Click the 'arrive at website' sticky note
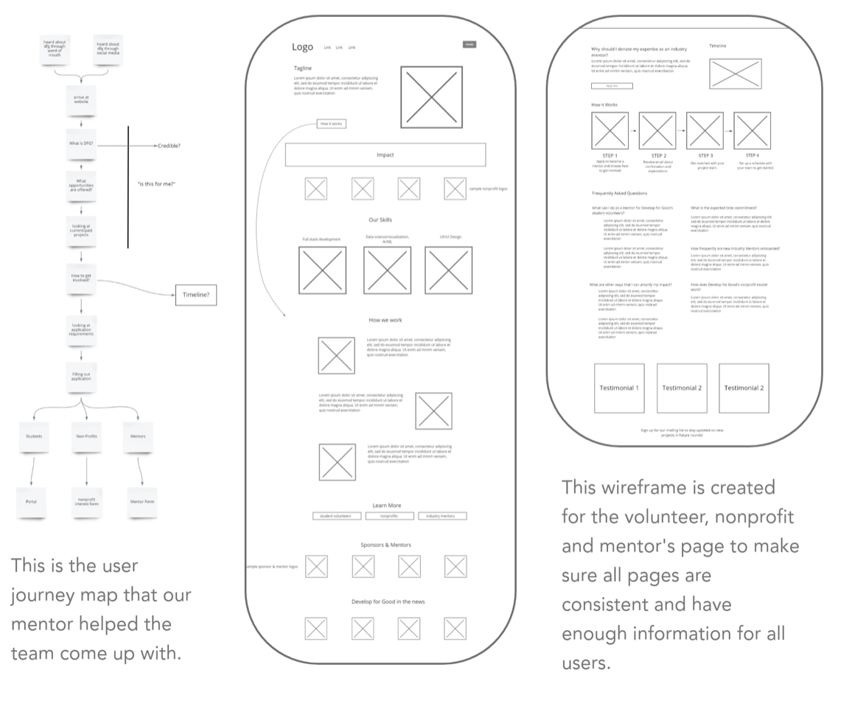click(x=81, y=99)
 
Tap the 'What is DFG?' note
click(x=81, y=145)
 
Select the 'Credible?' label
click(x=169, y=146)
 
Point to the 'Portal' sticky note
click(x=31, y=501)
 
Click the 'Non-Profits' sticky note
click(x=86, y=436)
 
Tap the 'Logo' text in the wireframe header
click(x=302, y=47)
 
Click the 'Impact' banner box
click(x=385, y=155)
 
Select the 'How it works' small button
click(x=330, y=124)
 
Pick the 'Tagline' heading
click(x=303, y=68)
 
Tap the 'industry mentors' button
click(x=442, y=516)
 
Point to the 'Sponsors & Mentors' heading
click(x=385, y=545)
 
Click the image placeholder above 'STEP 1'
click(x=610, y=130)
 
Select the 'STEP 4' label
click(x=752, y=156)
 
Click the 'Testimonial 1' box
click(x=619, y=388)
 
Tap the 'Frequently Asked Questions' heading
click(x=619, y=193)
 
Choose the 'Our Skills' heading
click(x=384, y=220)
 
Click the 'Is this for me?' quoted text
click(x=156, y=184)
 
